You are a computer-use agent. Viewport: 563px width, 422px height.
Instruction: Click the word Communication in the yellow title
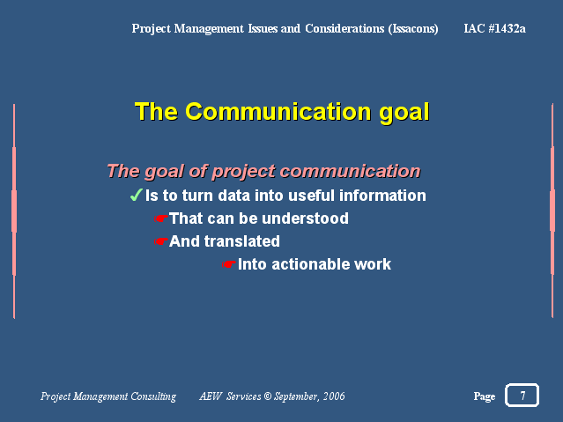click(x=278, y=111)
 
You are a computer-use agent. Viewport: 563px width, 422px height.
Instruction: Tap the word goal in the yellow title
click(x=404, y=113)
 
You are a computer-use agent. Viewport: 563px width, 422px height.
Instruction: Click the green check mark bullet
click(x=136, y=195)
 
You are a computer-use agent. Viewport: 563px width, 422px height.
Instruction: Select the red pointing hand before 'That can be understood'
click(x=161, y=218)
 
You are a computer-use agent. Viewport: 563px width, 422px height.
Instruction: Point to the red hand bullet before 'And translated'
click(x=161, y=241)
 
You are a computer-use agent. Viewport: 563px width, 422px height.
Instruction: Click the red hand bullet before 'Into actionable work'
click(x=229, y=264)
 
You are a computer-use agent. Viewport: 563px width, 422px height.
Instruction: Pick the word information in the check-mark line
click(x=382, y=196)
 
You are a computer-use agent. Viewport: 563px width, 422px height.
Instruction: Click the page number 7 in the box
click(x=522, y=396)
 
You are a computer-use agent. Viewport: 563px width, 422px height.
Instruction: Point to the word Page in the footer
click(x=485, y=396)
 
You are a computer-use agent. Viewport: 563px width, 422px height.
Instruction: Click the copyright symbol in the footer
click(x=268, y=396)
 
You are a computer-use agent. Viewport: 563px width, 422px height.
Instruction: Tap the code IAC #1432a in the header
click(x=495, y=28)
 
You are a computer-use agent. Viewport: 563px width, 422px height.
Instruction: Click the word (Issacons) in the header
click(x=413, y=29)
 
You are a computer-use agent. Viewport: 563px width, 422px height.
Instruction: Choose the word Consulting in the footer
click(x=153, y=396)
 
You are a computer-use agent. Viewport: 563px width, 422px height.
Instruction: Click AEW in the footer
click(x=211, y=396)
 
